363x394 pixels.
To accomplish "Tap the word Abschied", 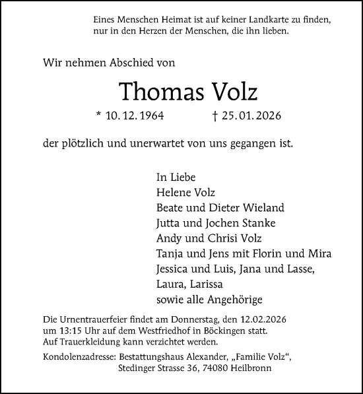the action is [x=125, y=63].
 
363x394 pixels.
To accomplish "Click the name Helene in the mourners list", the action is [x=173, y=192].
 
